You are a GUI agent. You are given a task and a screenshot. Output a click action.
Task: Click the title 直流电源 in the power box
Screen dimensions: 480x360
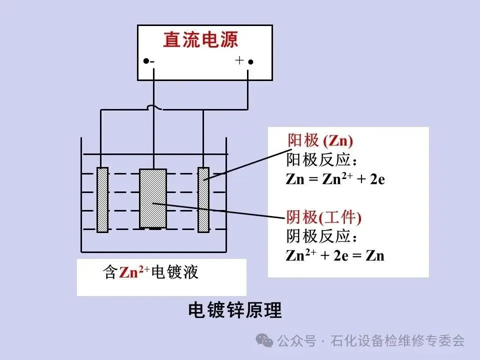pyautogui.click(x=200, y=40)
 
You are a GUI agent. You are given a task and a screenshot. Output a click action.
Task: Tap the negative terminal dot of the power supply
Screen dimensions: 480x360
pyautogui.click(x=145, y=61)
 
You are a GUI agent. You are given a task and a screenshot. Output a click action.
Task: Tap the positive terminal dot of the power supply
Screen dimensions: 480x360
pyautogui.click(x=251, y=62)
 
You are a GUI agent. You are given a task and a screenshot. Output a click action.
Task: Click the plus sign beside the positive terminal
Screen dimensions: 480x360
pyautogui.click(x=239, y=60)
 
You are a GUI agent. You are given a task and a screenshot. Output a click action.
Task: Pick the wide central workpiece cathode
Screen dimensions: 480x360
pyautogui.click(x=152, y=198)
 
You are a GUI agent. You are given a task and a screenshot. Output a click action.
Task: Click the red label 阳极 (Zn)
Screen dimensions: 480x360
pyautogui.click(x=320, y=140)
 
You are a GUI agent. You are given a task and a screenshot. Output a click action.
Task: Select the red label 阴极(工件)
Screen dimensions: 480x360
pyautogui.click(x=323, y=217)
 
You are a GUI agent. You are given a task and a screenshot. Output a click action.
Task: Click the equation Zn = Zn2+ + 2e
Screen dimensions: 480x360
pyautogui.click(x=335, y=179)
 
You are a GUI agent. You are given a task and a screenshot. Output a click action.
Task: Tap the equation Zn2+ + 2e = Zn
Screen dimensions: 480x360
pyautogui.click(x=335, y=255)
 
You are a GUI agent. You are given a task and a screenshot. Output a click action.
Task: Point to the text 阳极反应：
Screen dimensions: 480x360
pyautogui.click(x=322, y=159)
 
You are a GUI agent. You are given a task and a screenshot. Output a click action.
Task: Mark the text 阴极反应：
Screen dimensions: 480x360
pyautogui.click(x=322, y=236)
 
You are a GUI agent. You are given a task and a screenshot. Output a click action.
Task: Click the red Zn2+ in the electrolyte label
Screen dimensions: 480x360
pyautogui.click(x=134, y=272)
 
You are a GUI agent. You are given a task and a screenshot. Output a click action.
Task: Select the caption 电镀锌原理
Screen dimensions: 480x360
pyautogui.click(x=235, y=310)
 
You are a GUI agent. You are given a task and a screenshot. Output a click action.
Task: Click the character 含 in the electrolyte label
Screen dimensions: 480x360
pyautogui.click(x=110, y=272)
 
